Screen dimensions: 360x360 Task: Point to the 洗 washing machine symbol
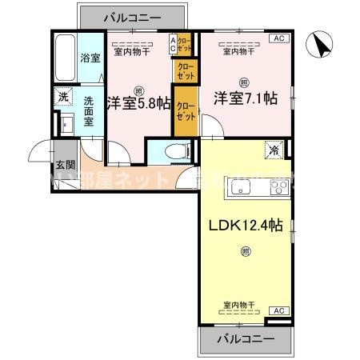pyautogui.click(x=62, y=97)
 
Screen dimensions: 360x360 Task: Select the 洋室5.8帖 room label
pyautogui.click(x=137, y=103)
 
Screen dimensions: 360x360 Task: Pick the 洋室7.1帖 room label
pyautogui.click(x=244, y=98)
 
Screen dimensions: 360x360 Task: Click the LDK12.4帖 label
pyautogui.click(x=244, y=226)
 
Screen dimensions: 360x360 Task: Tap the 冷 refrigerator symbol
pyautogui.click(x=274, y=148)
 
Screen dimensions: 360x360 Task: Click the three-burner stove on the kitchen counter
pyautogui.click(x=278, y=189)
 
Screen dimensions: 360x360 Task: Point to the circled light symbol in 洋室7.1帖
pyautogui.click(x=244, y=81)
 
